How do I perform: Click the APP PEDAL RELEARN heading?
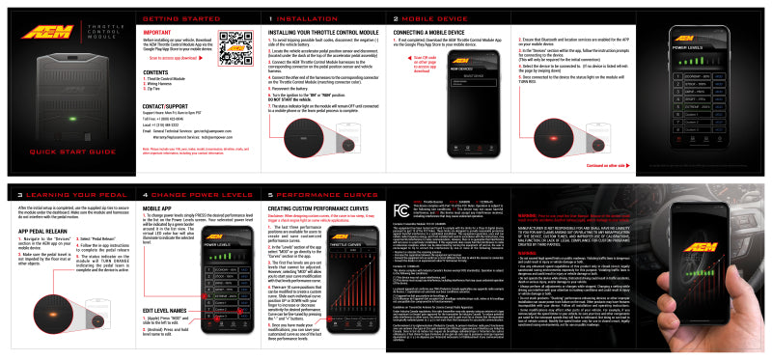[x=45, y=233]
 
